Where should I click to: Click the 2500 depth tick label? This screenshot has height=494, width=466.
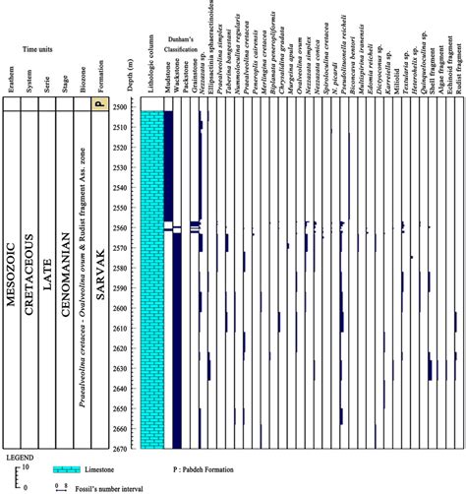pyautogui.click(x=120, y=107)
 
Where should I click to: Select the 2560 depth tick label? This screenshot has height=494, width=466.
pyautogui.click(x=120, y=228)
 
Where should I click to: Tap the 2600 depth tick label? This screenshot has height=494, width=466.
pyautogui.click(x=120, y=309)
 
